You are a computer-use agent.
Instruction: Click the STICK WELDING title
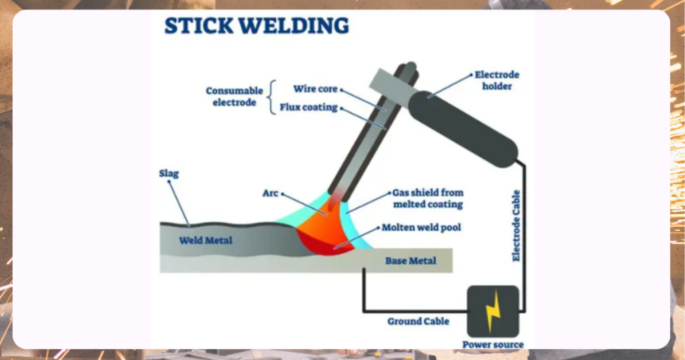256,25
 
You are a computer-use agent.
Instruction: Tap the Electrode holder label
496,80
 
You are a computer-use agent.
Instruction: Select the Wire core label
315,89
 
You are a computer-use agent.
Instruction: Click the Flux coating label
308,107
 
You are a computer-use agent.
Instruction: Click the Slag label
169,174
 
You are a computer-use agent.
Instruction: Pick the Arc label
270,194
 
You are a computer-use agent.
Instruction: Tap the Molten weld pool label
421,228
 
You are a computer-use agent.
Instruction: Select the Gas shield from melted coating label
427,199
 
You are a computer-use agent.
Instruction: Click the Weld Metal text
205,240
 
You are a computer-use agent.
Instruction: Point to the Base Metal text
410,260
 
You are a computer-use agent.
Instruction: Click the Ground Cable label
418,321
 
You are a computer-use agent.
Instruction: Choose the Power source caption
493,345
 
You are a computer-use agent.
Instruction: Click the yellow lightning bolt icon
492,311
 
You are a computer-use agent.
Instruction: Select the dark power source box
492,311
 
